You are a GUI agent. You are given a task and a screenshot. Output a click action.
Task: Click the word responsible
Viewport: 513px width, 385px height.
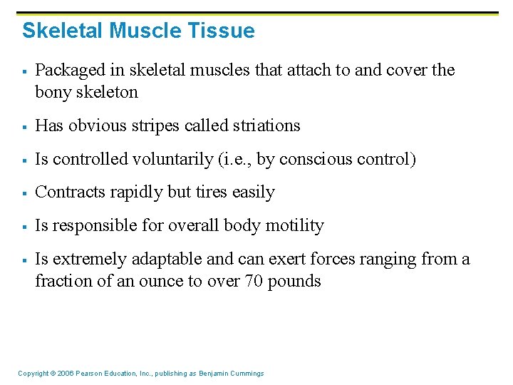[92, 226]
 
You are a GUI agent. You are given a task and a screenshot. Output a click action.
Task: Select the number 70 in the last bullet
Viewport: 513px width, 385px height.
[254, 281]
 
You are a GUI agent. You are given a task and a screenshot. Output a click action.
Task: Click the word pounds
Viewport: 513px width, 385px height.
[294, 281]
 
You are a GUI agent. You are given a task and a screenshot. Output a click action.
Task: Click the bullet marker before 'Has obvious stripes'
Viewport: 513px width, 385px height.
[24, 126]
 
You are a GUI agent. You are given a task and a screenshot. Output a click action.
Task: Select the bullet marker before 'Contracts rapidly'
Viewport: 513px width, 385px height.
[24, 193]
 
